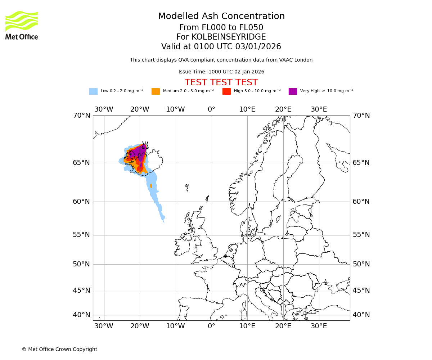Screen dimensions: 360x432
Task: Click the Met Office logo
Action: [22, 25]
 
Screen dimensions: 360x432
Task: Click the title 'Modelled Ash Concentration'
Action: [221, 16]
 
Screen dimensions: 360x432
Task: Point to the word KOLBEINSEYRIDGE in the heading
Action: [229, 37]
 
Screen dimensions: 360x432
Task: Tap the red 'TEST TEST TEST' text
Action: [221, 82]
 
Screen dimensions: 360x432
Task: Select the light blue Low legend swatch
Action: [93, 91]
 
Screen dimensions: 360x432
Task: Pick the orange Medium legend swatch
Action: [156, 91]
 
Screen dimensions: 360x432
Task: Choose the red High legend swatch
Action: [226, 91]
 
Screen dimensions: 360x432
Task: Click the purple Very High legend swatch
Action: [293, 91]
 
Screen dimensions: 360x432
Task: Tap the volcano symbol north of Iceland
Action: [145, 145]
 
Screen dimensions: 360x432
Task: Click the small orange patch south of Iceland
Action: [151, 186]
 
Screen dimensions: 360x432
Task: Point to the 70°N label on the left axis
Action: [81, 116]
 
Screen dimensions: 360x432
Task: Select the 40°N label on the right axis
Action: [361, 315]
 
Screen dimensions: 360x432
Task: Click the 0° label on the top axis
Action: [211, 109]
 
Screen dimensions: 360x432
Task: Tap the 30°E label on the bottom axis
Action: [319, 326]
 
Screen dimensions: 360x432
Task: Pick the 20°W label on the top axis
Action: [140, 109]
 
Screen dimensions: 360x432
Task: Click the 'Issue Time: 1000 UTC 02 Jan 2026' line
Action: [221, 72]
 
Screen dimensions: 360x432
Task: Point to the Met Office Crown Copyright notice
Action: [59, 349]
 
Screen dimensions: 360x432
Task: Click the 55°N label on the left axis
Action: [81, 235]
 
